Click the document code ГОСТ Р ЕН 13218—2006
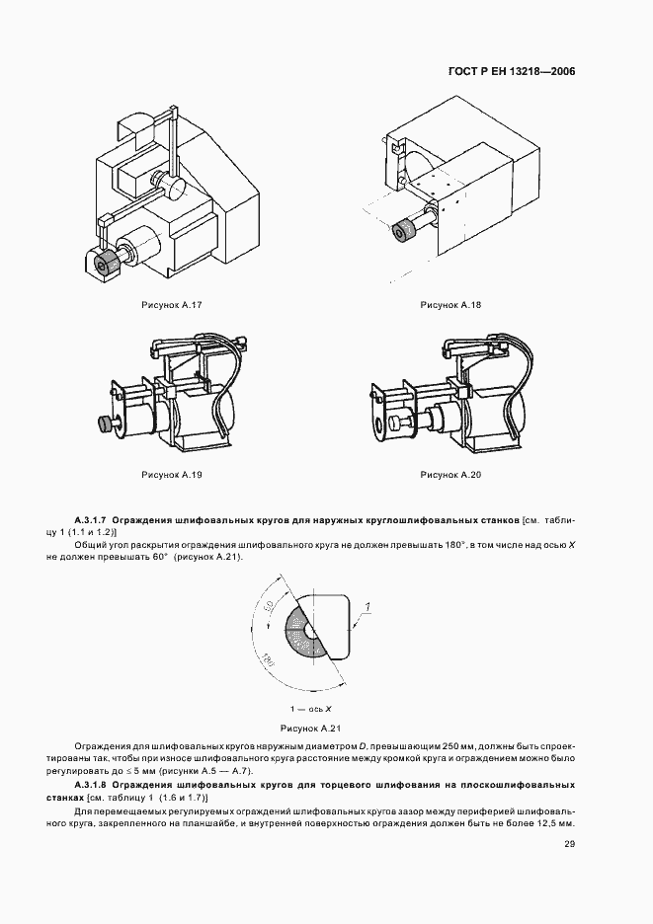click(512, 72)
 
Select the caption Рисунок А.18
click(449, 306)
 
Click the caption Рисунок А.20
click(449, 475)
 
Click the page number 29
click(570, 843)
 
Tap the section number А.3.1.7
click(91, 518)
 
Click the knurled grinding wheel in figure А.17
click(104, 262)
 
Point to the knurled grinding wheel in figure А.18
click(405, 233)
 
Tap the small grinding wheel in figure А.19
click(103, 423)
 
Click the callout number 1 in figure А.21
click(367, 605)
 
